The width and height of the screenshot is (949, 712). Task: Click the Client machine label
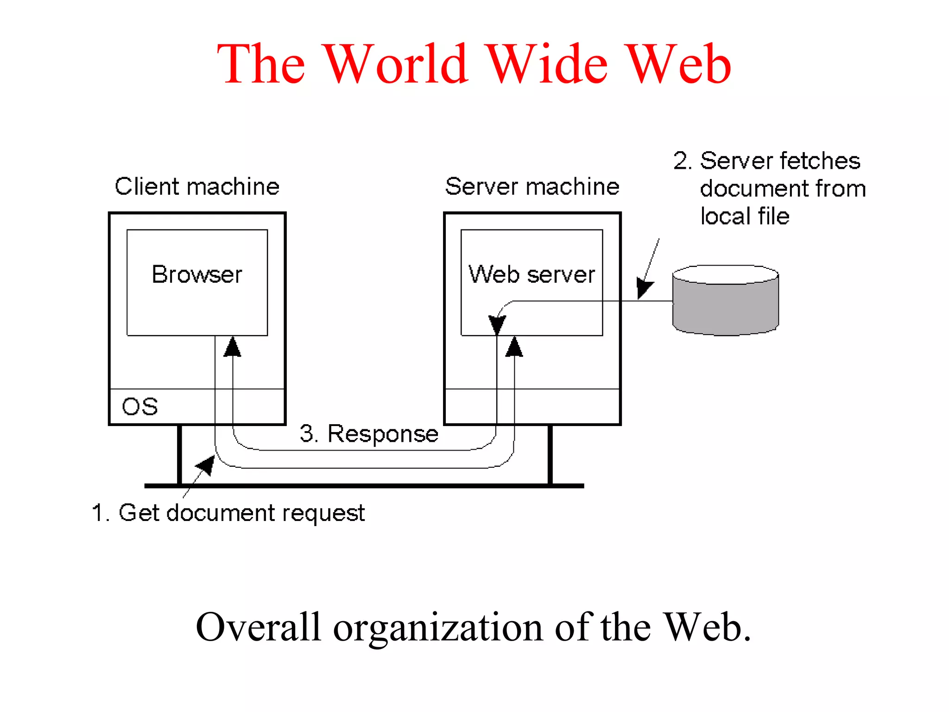(x=197, y=187)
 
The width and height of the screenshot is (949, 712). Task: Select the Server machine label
(x=532, y=187)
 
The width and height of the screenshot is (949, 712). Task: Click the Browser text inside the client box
(x=197, y=274)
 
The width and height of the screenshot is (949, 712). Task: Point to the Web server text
(x=531, y=274)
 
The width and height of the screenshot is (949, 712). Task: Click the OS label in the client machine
(x=139, y=407)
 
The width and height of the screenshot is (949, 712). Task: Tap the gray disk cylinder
(x=725, y=306)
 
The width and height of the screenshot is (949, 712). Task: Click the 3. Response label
(x=369, y=434)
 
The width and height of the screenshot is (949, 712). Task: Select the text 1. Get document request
(x=228, y=513)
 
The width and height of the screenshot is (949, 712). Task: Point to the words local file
(x=745, y=216)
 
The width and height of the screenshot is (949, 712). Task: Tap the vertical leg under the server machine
(x=550, y=454)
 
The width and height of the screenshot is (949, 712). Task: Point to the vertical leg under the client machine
(x=180, y=454)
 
